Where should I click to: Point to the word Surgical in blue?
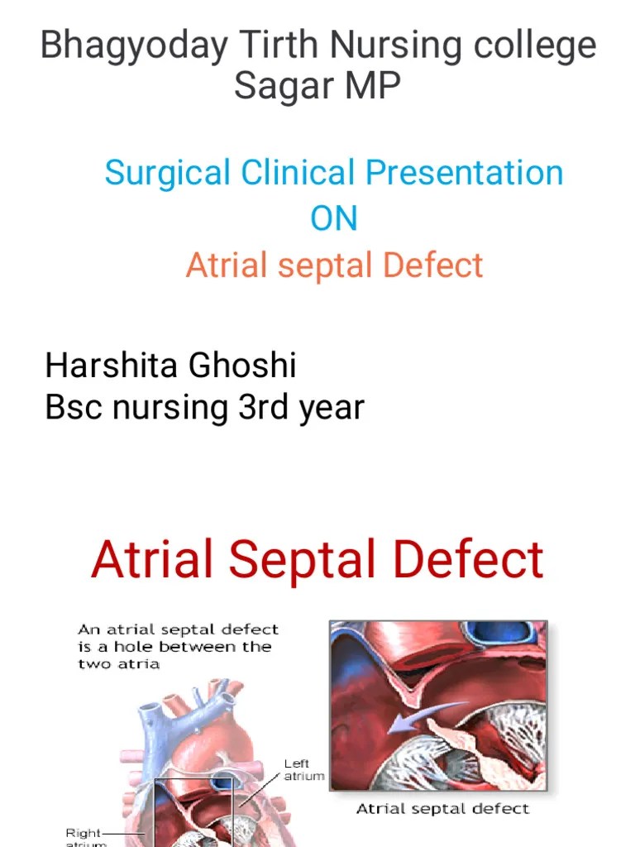point(167,174)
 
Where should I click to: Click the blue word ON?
point(334,219)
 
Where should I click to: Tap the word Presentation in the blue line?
point(465,174)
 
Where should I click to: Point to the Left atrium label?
point(304,770)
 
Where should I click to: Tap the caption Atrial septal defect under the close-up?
point(442,808)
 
